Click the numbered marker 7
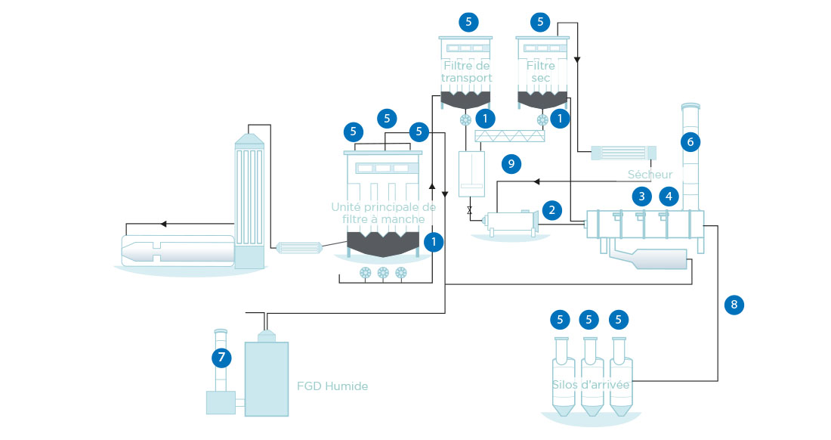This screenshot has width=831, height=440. (221, 358)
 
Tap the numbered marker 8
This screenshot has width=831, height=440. (734, 304)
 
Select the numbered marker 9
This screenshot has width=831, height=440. (511, 164)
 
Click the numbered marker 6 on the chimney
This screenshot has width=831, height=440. (690, 141)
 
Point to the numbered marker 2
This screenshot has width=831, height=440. (551, 210)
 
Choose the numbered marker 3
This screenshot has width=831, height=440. (642, 197)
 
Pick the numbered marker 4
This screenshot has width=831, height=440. (669, 197)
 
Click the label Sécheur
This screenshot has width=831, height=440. (650, 175)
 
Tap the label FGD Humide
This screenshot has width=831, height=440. (332, 386)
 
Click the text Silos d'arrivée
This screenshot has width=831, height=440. (591, 384)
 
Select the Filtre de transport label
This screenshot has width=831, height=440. (466, 72)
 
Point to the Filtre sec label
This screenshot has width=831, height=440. (541, 72)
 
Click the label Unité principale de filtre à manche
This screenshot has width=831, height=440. (383, 213)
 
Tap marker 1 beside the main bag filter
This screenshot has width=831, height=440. (434, 242)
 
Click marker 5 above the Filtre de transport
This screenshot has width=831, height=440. (468, 22)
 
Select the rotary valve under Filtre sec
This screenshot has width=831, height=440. (542, 119)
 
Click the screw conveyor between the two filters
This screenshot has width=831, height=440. (510, 136)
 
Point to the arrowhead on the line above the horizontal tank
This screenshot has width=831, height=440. (164, 225)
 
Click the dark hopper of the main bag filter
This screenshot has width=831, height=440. (383, 244)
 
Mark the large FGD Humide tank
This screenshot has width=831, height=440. (267, 379)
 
